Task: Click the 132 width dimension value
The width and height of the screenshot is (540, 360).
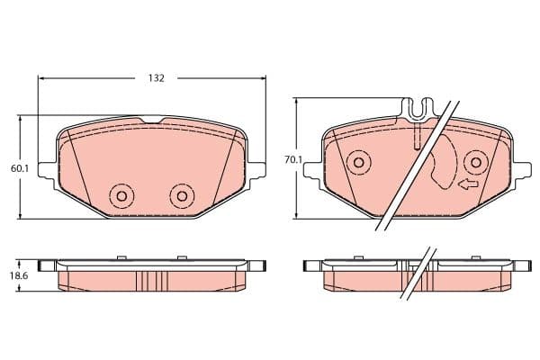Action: (157, 78)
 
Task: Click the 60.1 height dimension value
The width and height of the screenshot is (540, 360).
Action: (20, 168)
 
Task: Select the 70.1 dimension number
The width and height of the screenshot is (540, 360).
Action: (293, 159)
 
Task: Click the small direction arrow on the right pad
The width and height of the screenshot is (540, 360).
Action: (468, 184)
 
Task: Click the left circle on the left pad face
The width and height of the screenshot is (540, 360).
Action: (121, 196)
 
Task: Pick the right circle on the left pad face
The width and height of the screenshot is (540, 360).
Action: (182, 196)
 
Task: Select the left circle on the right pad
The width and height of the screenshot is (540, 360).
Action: (358, 162)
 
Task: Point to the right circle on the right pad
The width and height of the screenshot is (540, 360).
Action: (476, 162)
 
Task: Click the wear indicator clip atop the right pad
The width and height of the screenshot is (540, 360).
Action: (418, 110)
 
